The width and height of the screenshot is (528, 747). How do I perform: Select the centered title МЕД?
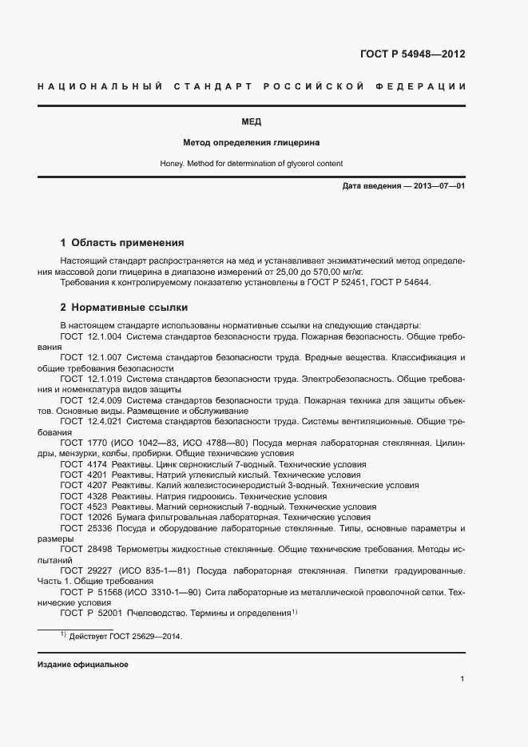pyautogui.click(x=251, y=122)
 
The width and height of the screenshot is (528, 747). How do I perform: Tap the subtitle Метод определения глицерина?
pyautogui.click(x=251, y=143)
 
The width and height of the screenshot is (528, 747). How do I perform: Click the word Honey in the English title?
pyautogui.click(x=171, y=164)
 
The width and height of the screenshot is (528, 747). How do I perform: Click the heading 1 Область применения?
pyautogui.click(x=122, y=242)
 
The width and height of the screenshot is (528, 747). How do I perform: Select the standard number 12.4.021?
pyautogui.click(x=104, y=420)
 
